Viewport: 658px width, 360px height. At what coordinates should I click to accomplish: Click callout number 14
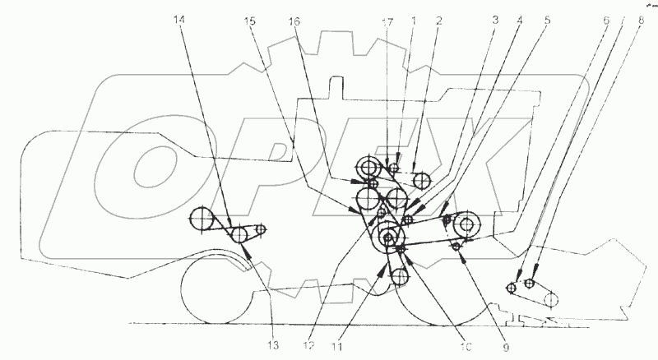[x=180, y=17]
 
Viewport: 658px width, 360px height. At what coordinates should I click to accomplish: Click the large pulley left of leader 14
[x=202, y=219]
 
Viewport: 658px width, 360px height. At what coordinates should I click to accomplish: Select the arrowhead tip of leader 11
[x=382, y=265]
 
